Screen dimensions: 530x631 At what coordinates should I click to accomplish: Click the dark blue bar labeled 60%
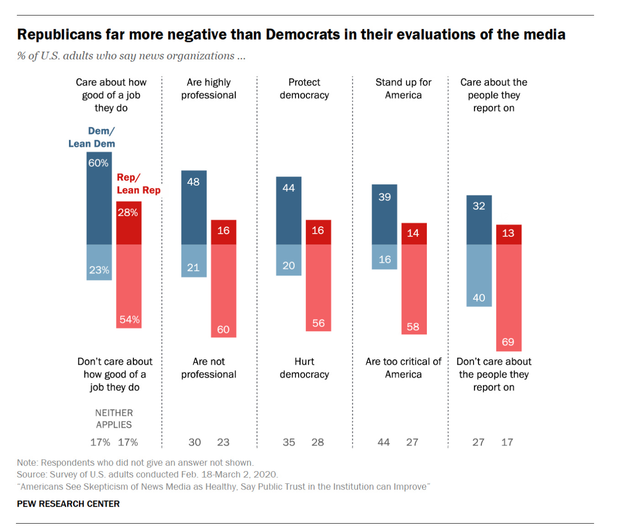pyautogui.click(x=99, y=198)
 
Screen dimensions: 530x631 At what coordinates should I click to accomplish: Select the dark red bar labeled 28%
pyautogui.click(x=129, y=223)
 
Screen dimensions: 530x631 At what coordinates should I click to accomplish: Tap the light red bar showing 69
pyautogui.click(x=509, y=297)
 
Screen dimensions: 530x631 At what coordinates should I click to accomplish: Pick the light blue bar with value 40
pyautogui.click(x=479, y=275)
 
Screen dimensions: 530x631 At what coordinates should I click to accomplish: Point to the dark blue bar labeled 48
pyautogui.click(x=194, y=208)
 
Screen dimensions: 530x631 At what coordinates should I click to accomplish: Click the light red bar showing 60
pyautogui.click(x=223, y=291)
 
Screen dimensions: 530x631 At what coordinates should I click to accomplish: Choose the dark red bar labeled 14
pyautogui.click(x=414, y=234)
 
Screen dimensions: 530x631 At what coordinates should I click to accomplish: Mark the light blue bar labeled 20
pyautogui.click(x=289, y=260)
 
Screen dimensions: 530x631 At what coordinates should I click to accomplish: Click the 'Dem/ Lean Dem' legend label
pyautogui.click(x=92, y=137)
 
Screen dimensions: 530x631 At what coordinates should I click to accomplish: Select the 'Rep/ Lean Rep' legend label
pyautogui.click(x=138, y=184)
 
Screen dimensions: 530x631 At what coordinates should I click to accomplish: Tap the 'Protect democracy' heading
pyautogui.click(x=304, y=88)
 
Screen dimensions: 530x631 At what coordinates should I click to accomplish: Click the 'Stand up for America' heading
pyautogui.click(x=403, y=88)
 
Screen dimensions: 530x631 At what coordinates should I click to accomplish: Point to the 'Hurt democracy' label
pyautogui.click(x=304, y=368)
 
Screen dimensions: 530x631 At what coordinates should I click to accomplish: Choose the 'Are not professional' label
pyautogui.click(x=209, y=368)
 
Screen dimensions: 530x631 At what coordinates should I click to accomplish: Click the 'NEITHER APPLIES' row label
pyautogui.click(x=114, y=419)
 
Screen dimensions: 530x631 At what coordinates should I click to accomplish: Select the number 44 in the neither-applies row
pyautogui.click(x=384, y=442)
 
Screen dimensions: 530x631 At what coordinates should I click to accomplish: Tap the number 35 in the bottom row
pyautogui.click(x=289, y=442)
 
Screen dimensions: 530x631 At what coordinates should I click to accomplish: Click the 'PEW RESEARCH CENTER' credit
pyautogui.click(x=68, y=504)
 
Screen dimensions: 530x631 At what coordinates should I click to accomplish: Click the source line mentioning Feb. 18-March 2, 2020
pyautogui.click(x=147, y=474)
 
